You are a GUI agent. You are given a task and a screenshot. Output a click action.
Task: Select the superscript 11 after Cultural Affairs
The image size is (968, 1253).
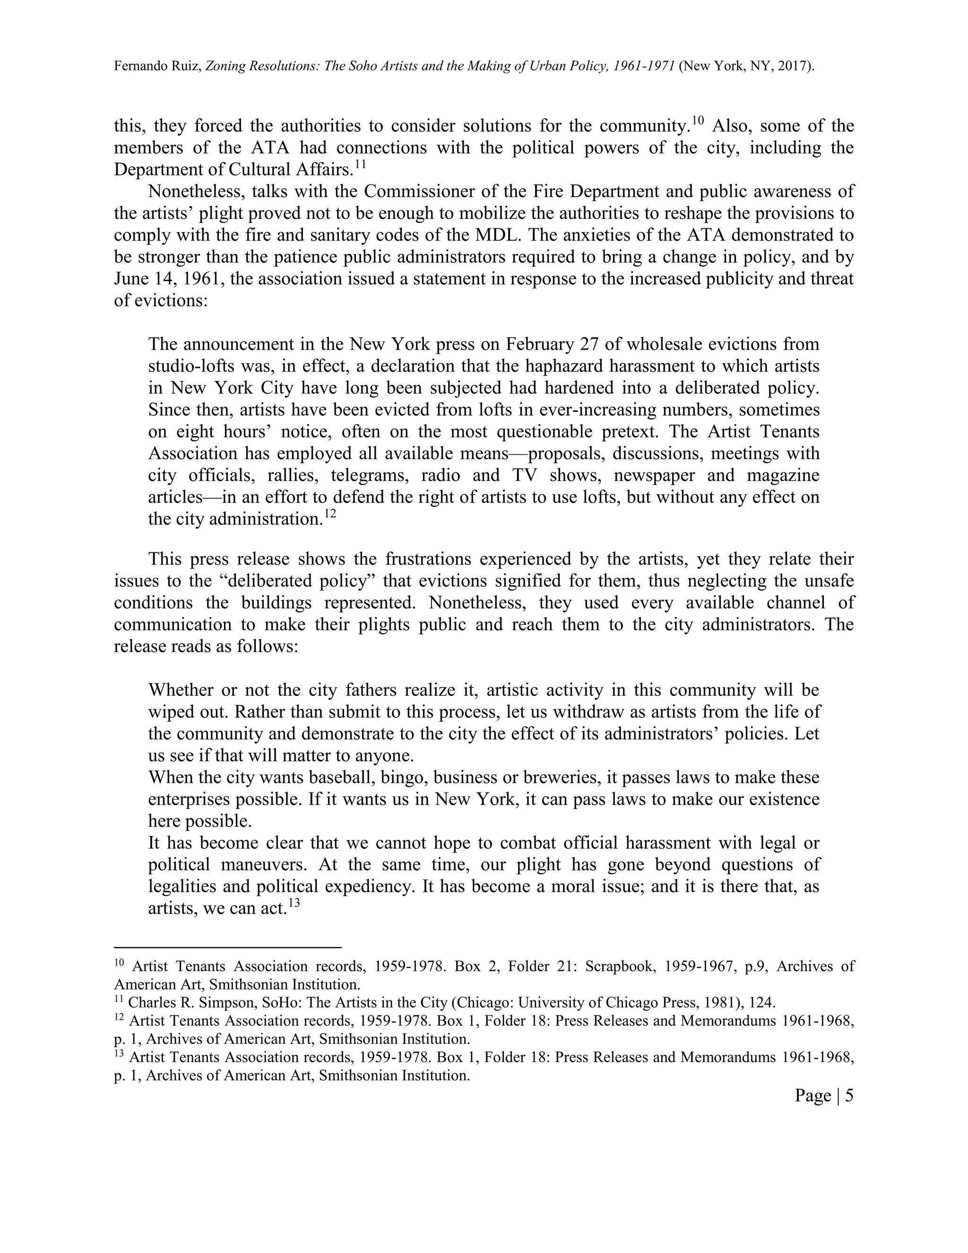tap(360, 164)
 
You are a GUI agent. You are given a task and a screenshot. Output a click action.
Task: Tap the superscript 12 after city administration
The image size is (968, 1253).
tap(330, 513)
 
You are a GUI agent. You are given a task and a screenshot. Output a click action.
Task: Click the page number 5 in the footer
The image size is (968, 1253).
tap(849, 1096)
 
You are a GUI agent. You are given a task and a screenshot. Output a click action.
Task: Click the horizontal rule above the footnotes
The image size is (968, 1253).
tap(228, 947)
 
